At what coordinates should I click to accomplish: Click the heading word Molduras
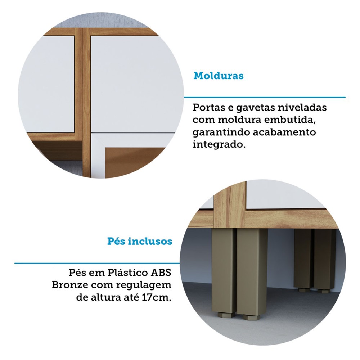[x=219, y=76]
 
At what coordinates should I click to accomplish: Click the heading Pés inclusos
[x=140, y=241]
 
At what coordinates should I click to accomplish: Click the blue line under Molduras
[x=265, y=97]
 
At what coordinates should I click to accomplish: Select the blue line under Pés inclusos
[x=97, y=264]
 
